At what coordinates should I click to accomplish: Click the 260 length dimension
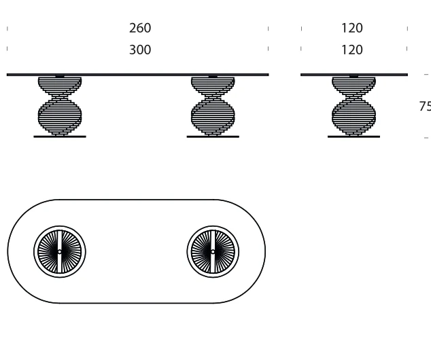140,28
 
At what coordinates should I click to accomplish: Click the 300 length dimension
140,50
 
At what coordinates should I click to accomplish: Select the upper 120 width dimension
352,28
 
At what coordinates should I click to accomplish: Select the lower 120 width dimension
352,50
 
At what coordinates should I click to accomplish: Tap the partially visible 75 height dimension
425,106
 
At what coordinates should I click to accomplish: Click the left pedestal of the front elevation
60,106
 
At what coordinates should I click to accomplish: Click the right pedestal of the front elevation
213,106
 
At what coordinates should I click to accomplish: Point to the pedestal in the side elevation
354,106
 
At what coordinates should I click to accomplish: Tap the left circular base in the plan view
60,252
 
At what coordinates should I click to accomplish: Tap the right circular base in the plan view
213,252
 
